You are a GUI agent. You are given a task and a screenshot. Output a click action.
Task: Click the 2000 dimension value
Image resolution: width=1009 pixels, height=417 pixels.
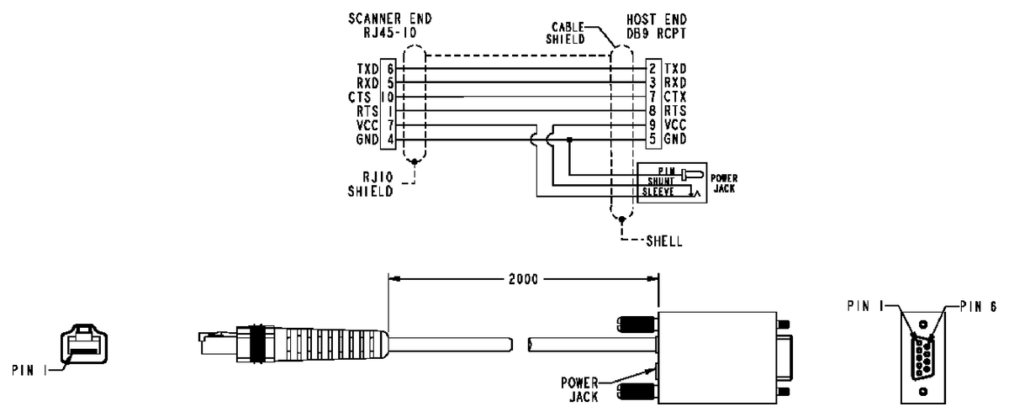coord(522,278)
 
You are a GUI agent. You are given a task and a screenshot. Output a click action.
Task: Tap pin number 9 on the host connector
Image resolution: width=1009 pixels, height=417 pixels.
coord(652,124)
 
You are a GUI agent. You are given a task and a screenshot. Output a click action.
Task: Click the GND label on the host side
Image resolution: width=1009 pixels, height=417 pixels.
coord(675,138)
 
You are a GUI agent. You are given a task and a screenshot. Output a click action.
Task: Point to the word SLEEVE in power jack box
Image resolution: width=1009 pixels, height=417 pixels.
coord(659,191)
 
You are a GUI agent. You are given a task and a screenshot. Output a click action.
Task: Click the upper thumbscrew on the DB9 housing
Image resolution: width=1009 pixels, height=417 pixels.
coord(636,323)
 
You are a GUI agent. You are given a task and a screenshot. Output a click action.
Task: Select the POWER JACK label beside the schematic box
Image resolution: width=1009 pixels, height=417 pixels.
coord(724,182)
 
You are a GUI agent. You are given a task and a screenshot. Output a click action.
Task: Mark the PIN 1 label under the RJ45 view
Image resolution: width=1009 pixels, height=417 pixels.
coord(27,367)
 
